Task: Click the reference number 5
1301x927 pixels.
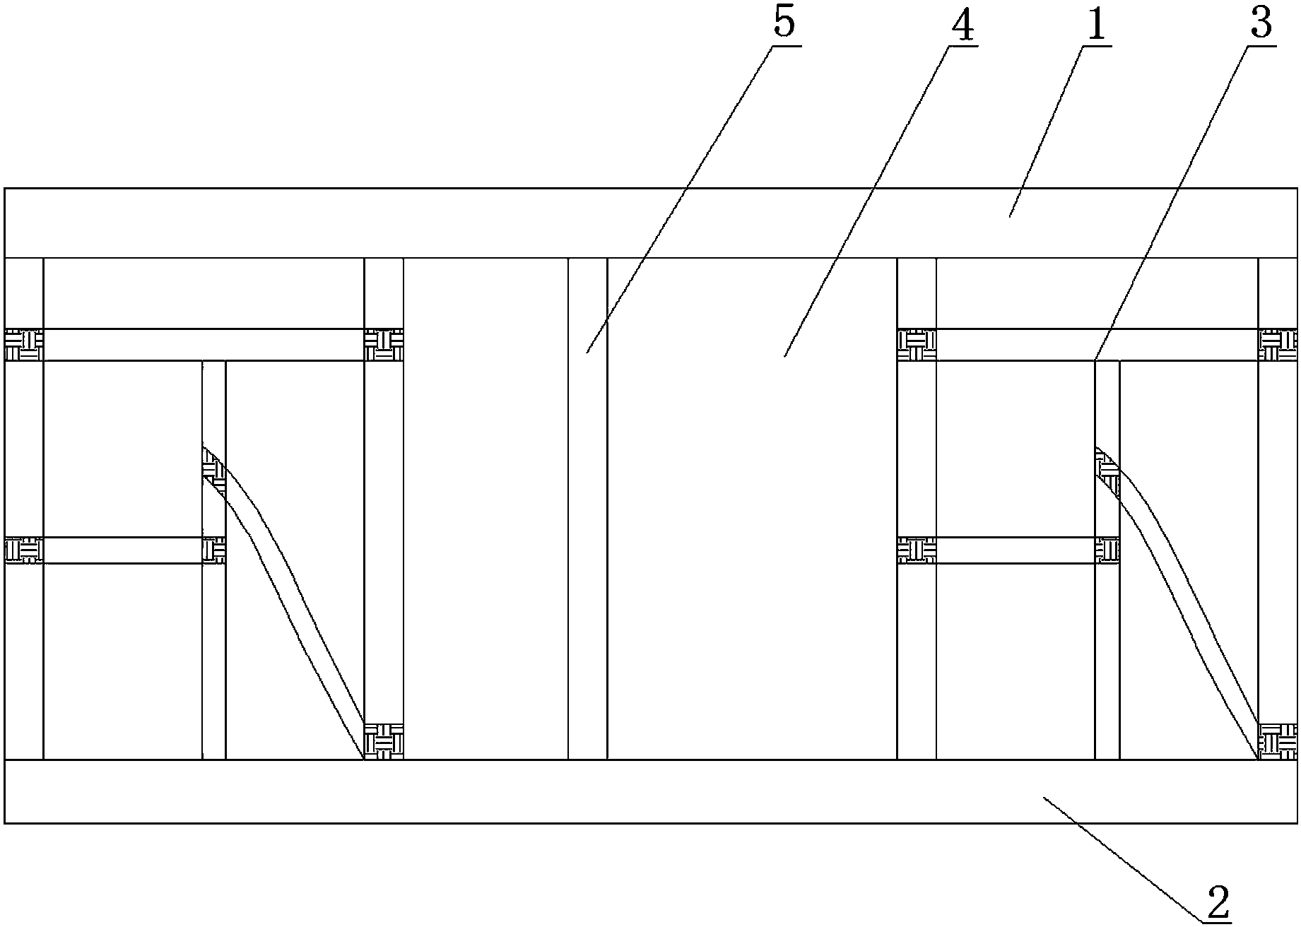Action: coord(784,23)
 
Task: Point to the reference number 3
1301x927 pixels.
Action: coord(1261,23)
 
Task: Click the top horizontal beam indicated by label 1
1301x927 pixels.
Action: coord(651,223)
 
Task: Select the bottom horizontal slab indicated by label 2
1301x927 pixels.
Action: coord(651,791)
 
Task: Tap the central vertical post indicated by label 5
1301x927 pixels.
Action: coord(587,509)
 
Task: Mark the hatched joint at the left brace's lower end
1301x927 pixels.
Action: coord(383,741)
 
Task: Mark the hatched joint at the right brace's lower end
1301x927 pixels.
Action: coord(1278,741)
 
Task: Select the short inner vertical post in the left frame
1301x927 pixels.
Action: coord(214,560)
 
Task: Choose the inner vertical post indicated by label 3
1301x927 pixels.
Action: coord(1107,560)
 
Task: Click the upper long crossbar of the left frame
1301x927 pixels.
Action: coord(204,345)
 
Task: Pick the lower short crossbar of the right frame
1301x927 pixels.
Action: coord(1008,550)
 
